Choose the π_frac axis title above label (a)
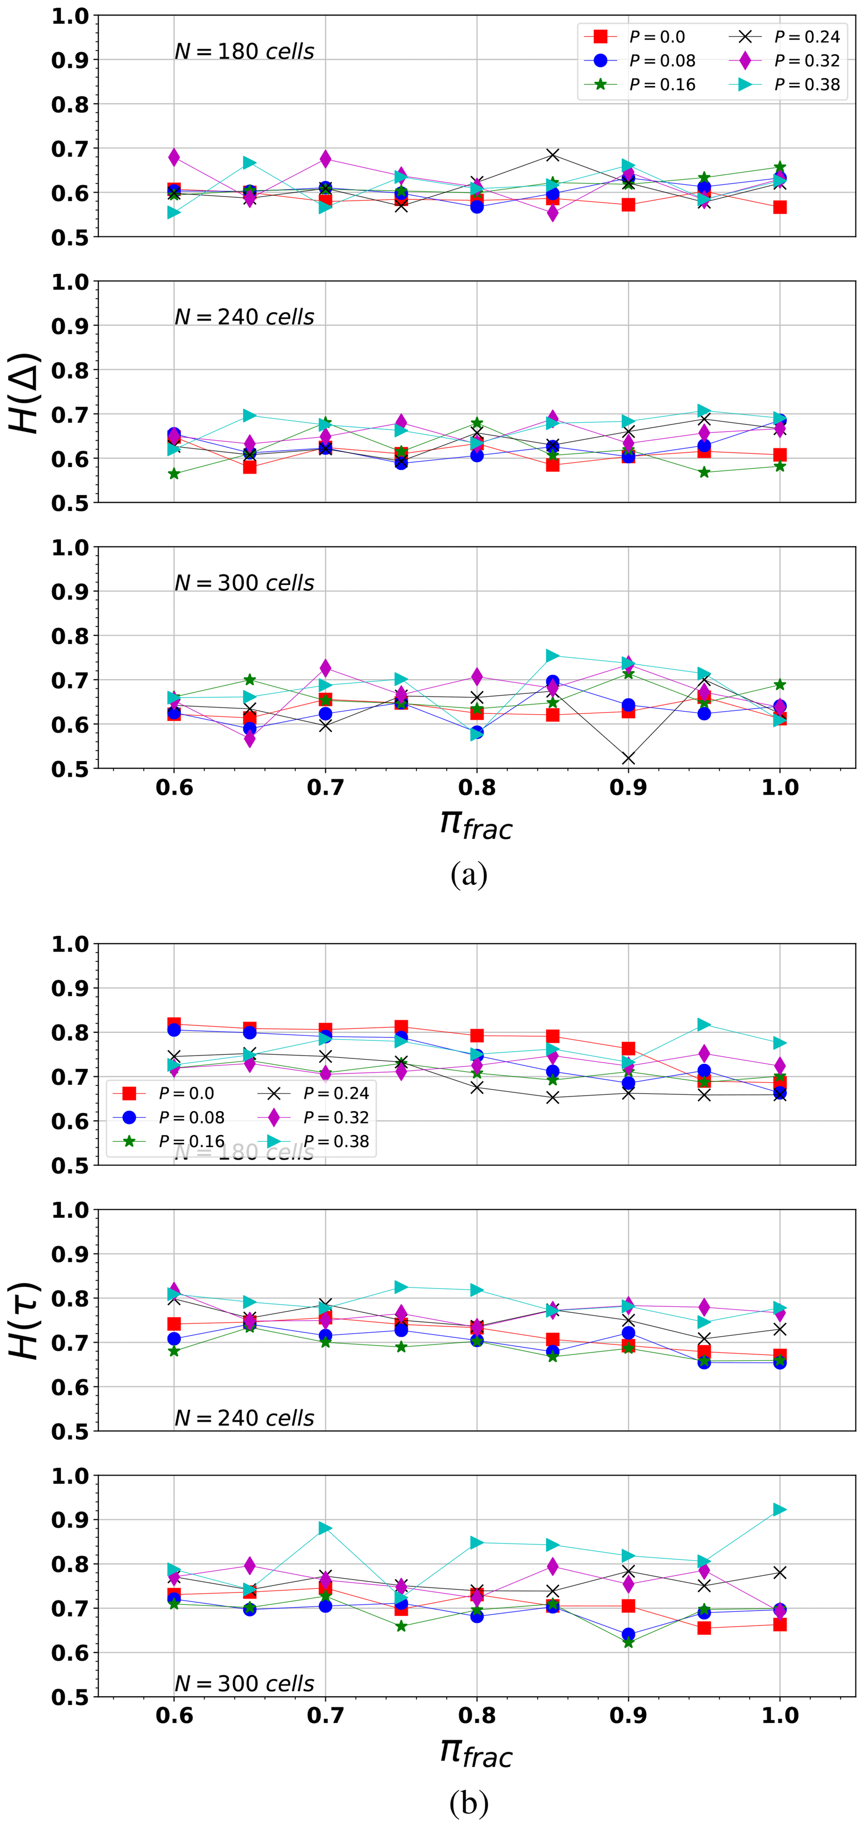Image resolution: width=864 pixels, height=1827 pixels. coord(476,824)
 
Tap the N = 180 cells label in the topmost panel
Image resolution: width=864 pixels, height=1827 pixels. coord(245,52)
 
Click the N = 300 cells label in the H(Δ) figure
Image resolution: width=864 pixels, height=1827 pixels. coord(245,583)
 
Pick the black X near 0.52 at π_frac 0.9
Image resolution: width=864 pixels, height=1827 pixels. coord(628,759)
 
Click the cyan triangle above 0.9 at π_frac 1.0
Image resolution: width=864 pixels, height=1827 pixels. coord(780,1509)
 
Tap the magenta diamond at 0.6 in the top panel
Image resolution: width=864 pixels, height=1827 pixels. coord(173,157)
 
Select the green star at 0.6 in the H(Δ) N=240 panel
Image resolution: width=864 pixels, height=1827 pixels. coord(173,474)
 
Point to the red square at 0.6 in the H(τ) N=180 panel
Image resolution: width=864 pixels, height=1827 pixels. coord(173,1024)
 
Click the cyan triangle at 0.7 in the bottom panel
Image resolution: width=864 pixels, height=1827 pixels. coord(325,1528)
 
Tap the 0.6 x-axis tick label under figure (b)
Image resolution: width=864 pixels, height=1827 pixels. coord(173,1716)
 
